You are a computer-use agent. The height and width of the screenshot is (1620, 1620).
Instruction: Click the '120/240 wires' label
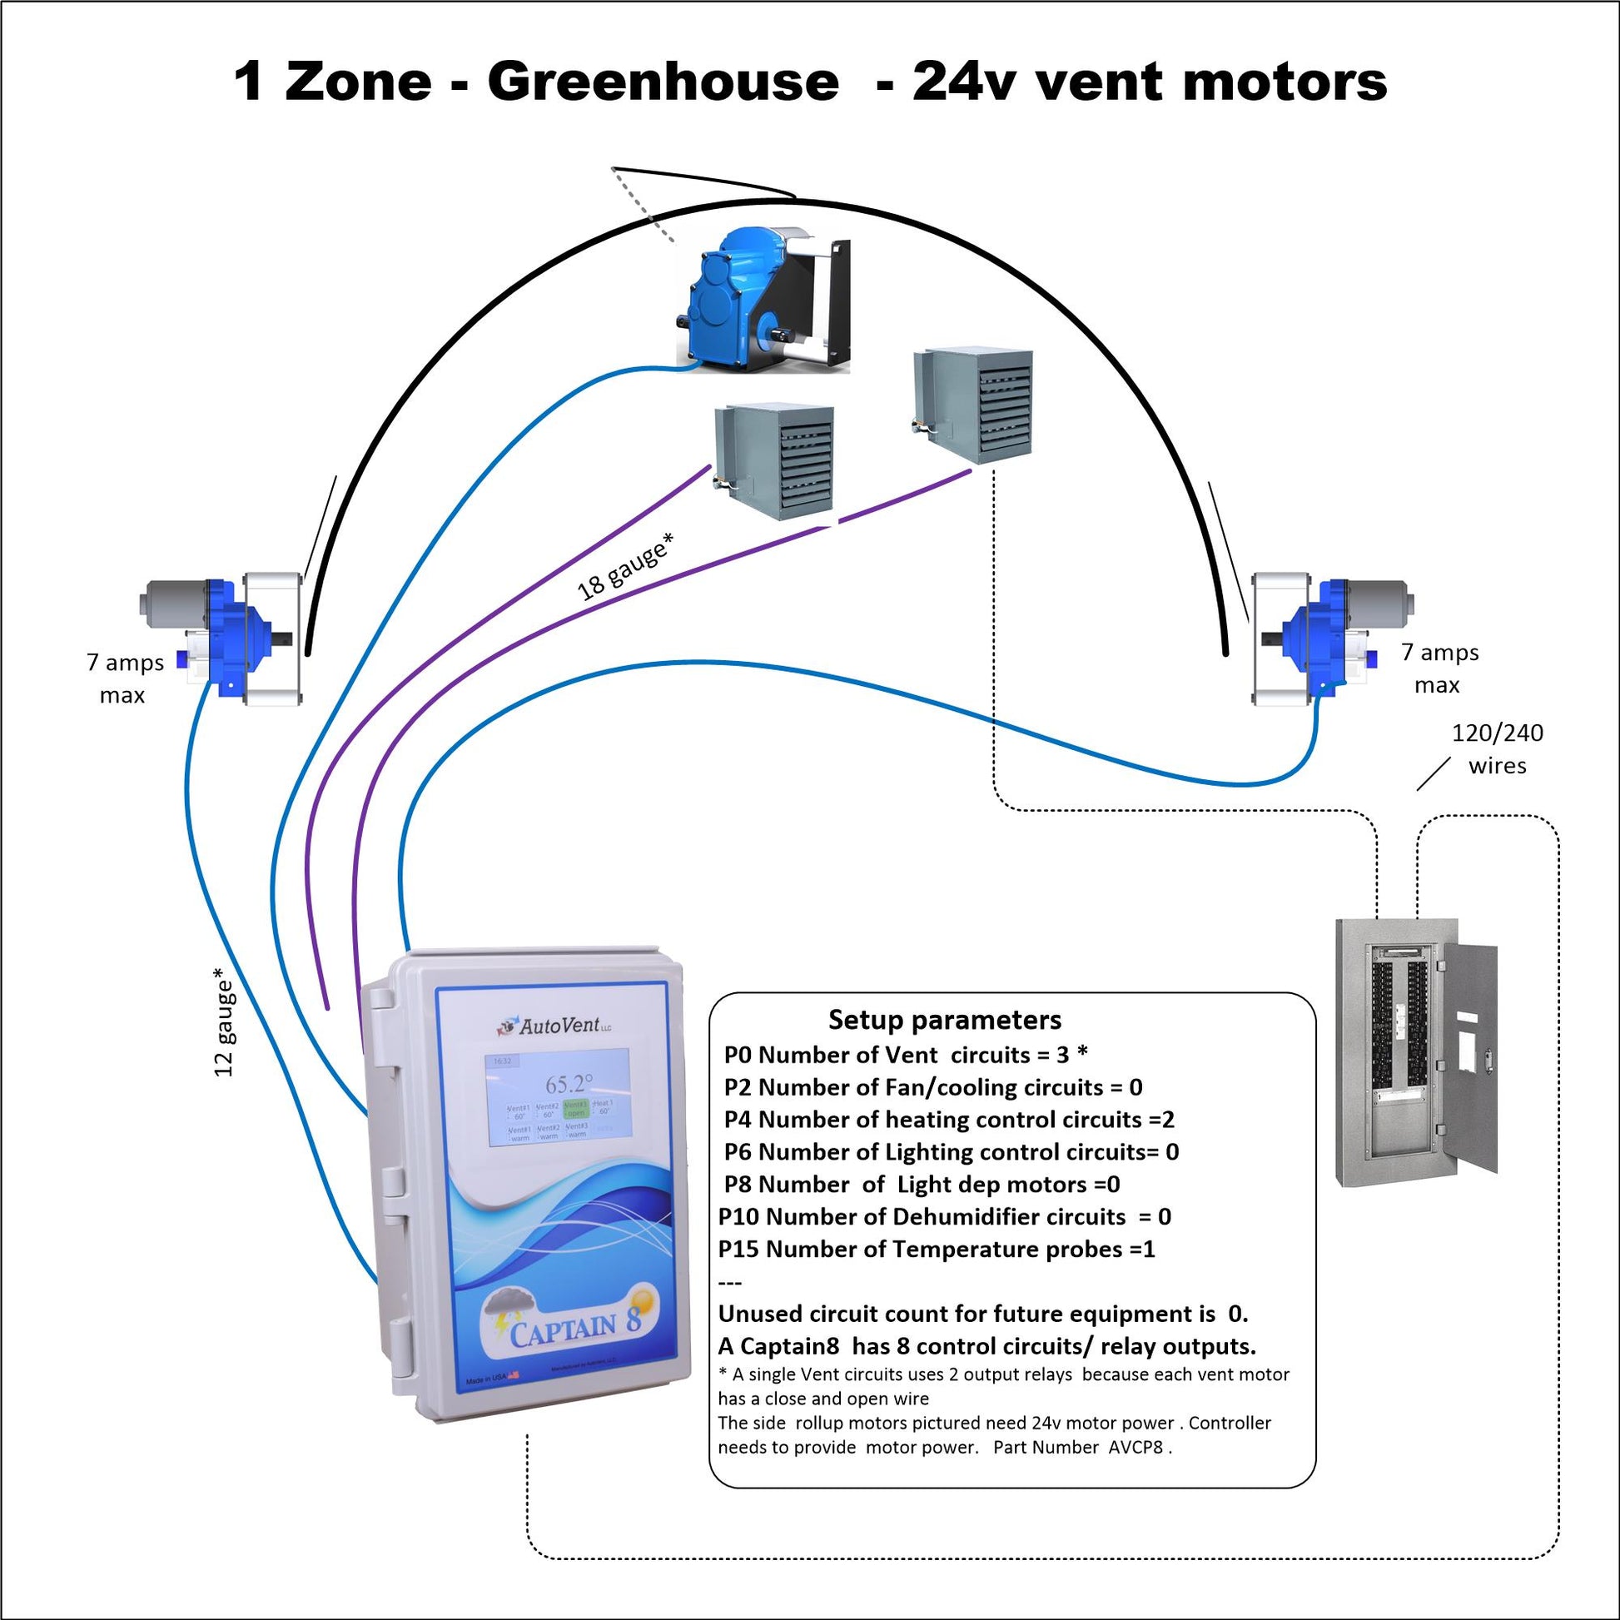1497,748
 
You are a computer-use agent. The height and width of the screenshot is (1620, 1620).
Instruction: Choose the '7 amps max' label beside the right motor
1439,668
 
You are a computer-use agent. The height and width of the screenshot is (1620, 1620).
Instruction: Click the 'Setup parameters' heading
944,1020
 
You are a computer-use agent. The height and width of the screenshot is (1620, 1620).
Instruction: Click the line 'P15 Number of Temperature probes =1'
937,1249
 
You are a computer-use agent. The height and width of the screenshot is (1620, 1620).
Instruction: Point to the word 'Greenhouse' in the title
663,82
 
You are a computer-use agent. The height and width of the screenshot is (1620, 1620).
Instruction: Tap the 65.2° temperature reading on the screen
569,1083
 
